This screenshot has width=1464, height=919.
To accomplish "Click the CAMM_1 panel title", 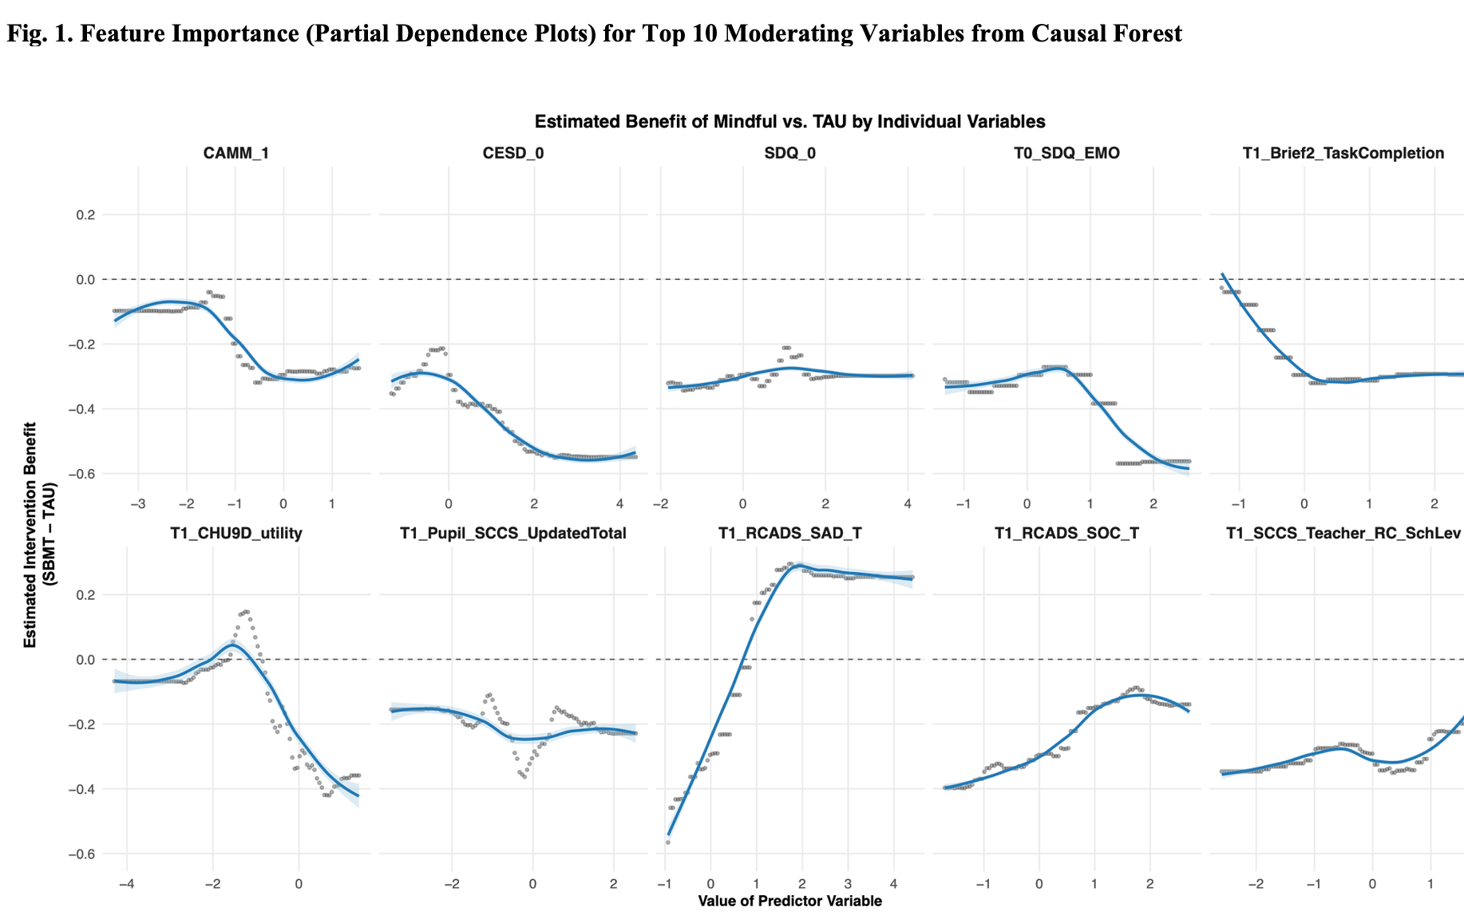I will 235,153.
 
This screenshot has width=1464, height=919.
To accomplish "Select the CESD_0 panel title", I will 513,153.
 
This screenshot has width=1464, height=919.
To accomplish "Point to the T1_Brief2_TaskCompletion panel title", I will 1343,153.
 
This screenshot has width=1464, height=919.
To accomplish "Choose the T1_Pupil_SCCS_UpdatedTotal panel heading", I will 513,533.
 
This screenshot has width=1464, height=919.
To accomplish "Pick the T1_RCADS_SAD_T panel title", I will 789,533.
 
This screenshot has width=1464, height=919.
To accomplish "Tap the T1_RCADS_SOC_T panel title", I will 1066,533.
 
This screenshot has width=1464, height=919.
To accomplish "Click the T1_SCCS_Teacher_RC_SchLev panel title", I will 1343,533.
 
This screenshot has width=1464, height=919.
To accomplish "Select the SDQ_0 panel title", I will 789,153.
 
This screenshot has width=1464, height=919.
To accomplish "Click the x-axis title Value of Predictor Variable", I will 789,901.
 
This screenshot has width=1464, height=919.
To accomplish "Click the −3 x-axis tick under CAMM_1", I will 137,504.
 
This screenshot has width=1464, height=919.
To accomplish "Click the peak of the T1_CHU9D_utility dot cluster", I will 245,612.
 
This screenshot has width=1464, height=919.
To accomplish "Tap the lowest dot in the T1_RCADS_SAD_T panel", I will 667,842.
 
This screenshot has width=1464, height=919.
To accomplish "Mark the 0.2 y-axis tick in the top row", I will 85,215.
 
